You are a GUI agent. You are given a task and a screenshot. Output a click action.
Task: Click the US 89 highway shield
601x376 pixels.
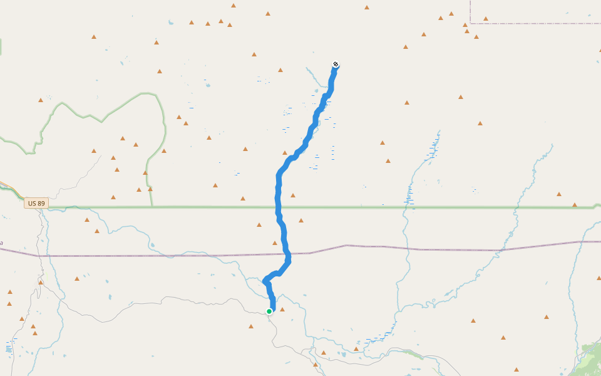tap(36, 203)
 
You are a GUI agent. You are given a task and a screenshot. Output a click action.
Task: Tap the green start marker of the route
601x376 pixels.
tap(269, 311)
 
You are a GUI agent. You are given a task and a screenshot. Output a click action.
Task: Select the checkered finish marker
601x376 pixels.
tap(336, 64)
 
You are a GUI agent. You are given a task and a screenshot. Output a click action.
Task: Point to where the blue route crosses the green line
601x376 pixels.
tap(278, 207)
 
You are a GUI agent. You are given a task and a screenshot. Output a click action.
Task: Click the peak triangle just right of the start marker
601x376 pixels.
tap(282, 309)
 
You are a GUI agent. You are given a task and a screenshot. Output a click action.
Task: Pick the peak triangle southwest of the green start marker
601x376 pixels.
tap(251, 326)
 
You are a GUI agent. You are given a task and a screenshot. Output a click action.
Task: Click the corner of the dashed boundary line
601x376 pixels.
tap(470, 23)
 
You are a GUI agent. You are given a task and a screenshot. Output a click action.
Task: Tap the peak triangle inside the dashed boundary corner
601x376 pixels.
tap(486, 19)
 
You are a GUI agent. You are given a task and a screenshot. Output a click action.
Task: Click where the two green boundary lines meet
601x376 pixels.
tap(152, 207)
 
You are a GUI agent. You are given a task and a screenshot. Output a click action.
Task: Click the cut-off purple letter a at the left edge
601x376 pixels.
tap(1, 243)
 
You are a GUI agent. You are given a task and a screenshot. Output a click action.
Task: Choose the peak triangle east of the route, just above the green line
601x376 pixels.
tap(293, 196)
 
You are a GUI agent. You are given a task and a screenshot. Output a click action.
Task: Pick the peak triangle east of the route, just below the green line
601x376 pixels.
tap(301, 221)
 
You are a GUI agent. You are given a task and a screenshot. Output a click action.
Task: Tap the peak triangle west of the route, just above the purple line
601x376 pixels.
tap(274, 243)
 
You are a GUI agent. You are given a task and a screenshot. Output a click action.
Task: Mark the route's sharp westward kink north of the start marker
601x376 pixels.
tap(265, 280)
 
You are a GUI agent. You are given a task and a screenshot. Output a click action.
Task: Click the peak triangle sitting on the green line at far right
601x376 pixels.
tap(575, 205)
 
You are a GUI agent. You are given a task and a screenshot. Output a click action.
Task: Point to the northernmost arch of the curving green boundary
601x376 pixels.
tap(148, 94)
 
